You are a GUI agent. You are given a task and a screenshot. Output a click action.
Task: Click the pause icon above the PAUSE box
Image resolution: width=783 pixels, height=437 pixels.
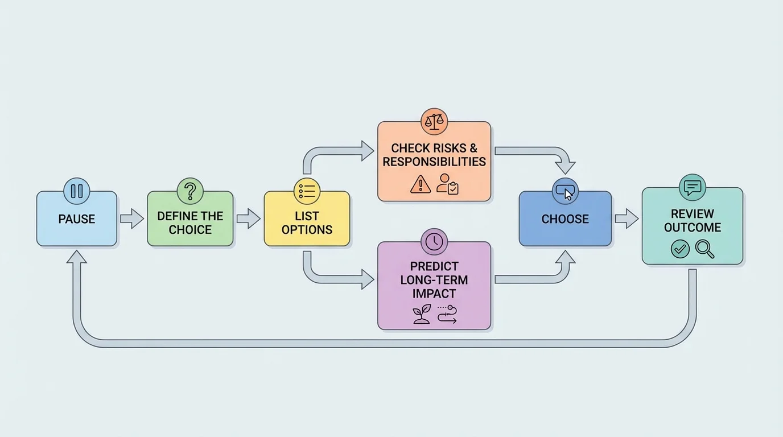[77, 191]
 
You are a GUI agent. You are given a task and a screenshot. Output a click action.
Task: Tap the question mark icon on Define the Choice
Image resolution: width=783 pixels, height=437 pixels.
[190, 191]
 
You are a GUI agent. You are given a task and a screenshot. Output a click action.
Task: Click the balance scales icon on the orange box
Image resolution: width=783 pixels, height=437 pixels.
[434, 121]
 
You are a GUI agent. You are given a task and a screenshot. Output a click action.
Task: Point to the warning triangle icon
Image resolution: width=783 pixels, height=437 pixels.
[420, 184]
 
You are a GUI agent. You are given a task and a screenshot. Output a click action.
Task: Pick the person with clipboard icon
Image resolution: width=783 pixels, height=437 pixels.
[447, 184]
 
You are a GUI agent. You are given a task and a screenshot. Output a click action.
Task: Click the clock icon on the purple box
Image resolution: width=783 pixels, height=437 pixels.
[434, 242]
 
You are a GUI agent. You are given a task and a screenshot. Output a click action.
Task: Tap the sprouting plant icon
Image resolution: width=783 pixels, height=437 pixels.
[422, 314]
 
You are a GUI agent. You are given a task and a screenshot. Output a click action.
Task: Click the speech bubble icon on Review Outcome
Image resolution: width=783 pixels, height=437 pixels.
[692, 188]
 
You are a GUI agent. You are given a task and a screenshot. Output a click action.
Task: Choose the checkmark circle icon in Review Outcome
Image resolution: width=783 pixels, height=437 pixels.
[680, 249]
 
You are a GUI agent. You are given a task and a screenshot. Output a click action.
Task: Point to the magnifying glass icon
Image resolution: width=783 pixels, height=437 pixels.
[704, 249]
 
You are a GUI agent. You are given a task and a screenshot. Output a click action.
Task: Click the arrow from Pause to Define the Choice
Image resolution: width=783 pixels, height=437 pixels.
[131, 218]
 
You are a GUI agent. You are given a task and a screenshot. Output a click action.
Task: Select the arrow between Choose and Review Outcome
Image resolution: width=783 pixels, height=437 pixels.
[627, 218]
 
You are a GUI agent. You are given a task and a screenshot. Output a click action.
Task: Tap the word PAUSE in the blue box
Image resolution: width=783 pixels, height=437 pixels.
[77, 219]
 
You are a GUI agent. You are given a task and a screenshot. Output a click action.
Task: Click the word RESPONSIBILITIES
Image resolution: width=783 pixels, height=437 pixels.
[434, 162]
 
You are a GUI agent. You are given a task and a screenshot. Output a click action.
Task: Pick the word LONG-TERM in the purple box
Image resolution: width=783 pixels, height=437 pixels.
[434, 280]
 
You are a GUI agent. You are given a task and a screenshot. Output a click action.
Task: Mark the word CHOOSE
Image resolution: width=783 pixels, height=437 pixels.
[565, 219]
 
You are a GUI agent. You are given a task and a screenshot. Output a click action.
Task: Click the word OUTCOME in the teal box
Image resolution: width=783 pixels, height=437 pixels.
[693, 228]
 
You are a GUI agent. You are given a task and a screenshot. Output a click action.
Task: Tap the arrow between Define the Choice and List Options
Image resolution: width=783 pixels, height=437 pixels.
[248, 218]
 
